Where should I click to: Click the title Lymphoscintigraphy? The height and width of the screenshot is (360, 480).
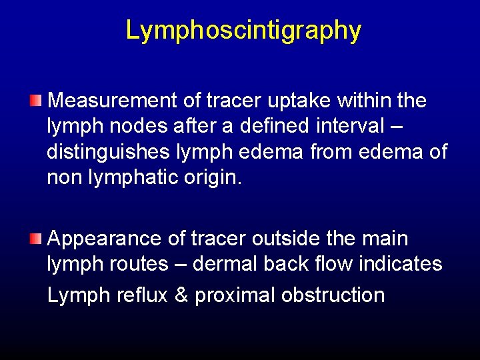pos(243,31)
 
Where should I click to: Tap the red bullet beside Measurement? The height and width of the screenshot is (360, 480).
pos(35,101)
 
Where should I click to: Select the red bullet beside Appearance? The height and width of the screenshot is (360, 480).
pos(35,238)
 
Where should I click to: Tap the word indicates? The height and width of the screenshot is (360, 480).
pos(401,264)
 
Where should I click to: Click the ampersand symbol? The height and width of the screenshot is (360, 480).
pos(181,295)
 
